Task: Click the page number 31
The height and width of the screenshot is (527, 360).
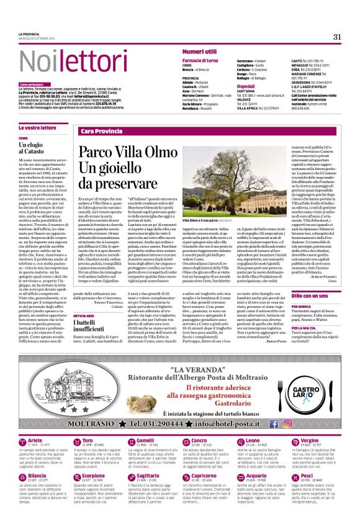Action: click(x=336, y=37)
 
